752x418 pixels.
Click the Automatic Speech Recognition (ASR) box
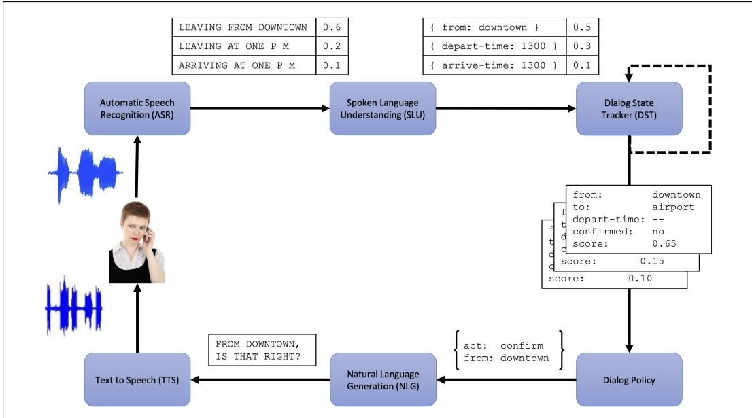point(137,108)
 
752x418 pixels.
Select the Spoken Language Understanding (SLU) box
point(383,108)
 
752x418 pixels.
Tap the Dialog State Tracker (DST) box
point(629,108)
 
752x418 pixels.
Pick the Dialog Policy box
point(629,380)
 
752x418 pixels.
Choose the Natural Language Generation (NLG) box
point(383,380)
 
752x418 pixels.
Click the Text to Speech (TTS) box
point(137,380)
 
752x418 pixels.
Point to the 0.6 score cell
point(332,27)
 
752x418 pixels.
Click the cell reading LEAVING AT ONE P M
point(244,46)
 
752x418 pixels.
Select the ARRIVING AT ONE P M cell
point(244,65)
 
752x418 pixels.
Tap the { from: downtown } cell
point(494,27)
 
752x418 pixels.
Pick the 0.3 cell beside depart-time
point(582,46)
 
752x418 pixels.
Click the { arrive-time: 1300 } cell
point(494,65)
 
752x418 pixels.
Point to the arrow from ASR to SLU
point(260,108)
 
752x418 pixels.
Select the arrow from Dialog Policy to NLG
point(507,380)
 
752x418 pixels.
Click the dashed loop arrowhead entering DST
point(629,77)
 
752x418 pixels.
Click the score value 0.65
point(664,243)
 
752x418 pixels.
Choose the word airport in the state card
point(673,207)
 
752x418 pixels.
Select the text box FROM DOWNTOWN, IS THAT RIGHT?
point(262,350)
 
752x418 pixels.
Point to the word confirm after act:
point(522,346)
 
